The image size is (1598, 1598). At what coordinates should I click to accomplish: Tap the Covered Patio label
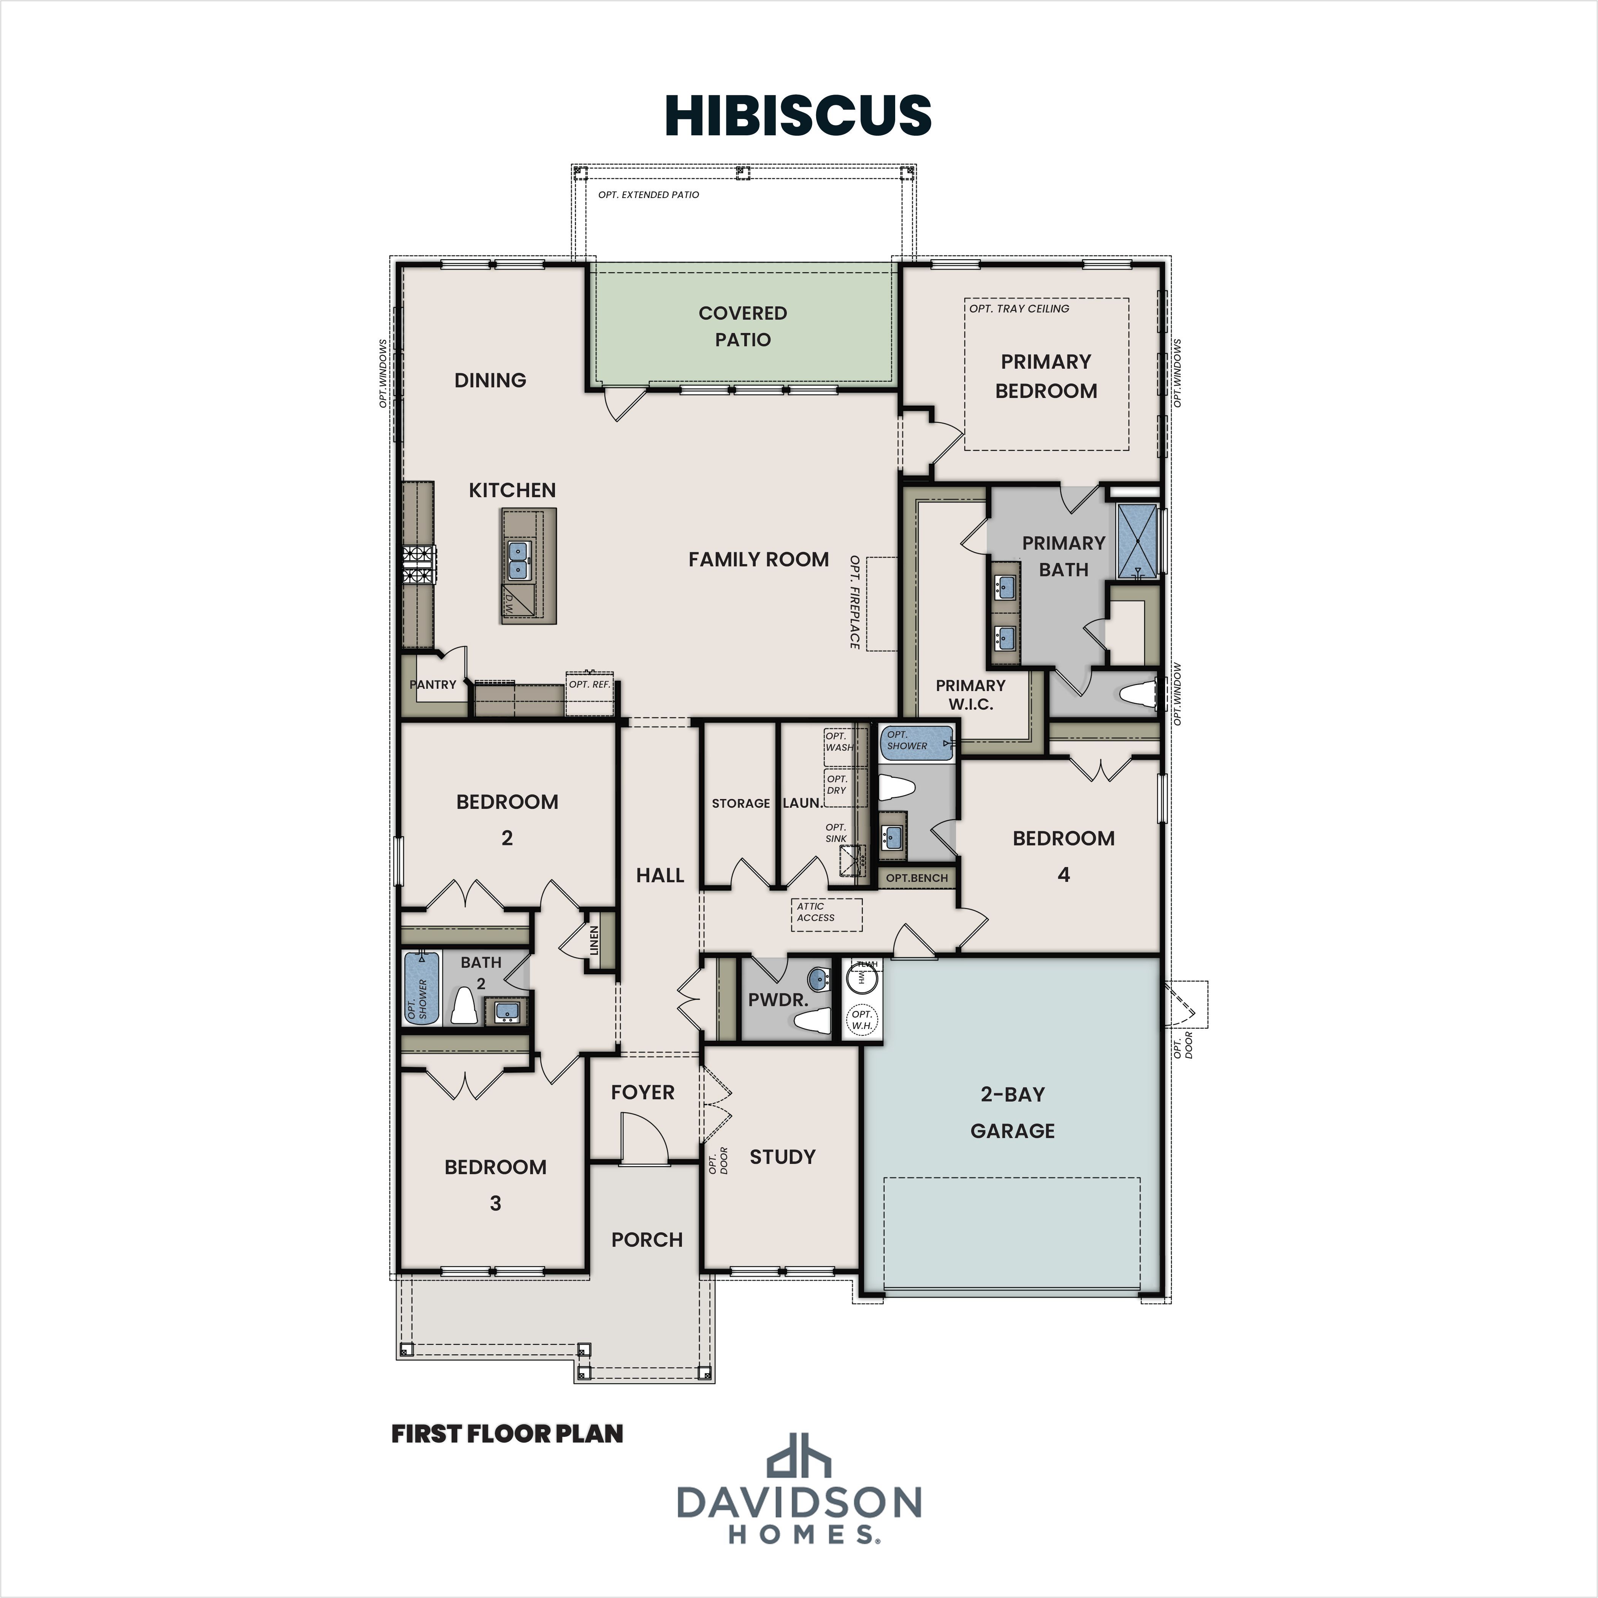coord(743,326)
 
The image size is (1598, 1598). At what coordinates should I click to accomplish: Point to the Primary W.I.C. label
coord(970,695)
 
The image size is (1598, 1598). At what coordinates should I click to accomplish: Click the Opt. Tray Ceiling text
coord(1019,309)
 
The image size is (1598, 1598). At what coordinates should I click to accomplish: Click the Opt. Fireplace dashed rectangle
coord(882,604)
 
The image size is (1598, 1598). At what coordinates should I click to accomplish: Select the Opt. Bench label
coord(916,878)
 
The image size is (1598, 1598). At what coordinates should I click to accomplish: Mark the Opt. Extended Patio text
coord(648,194)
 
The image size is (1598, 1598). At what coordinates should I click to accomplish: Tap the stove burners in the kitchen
coord(419,566)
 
